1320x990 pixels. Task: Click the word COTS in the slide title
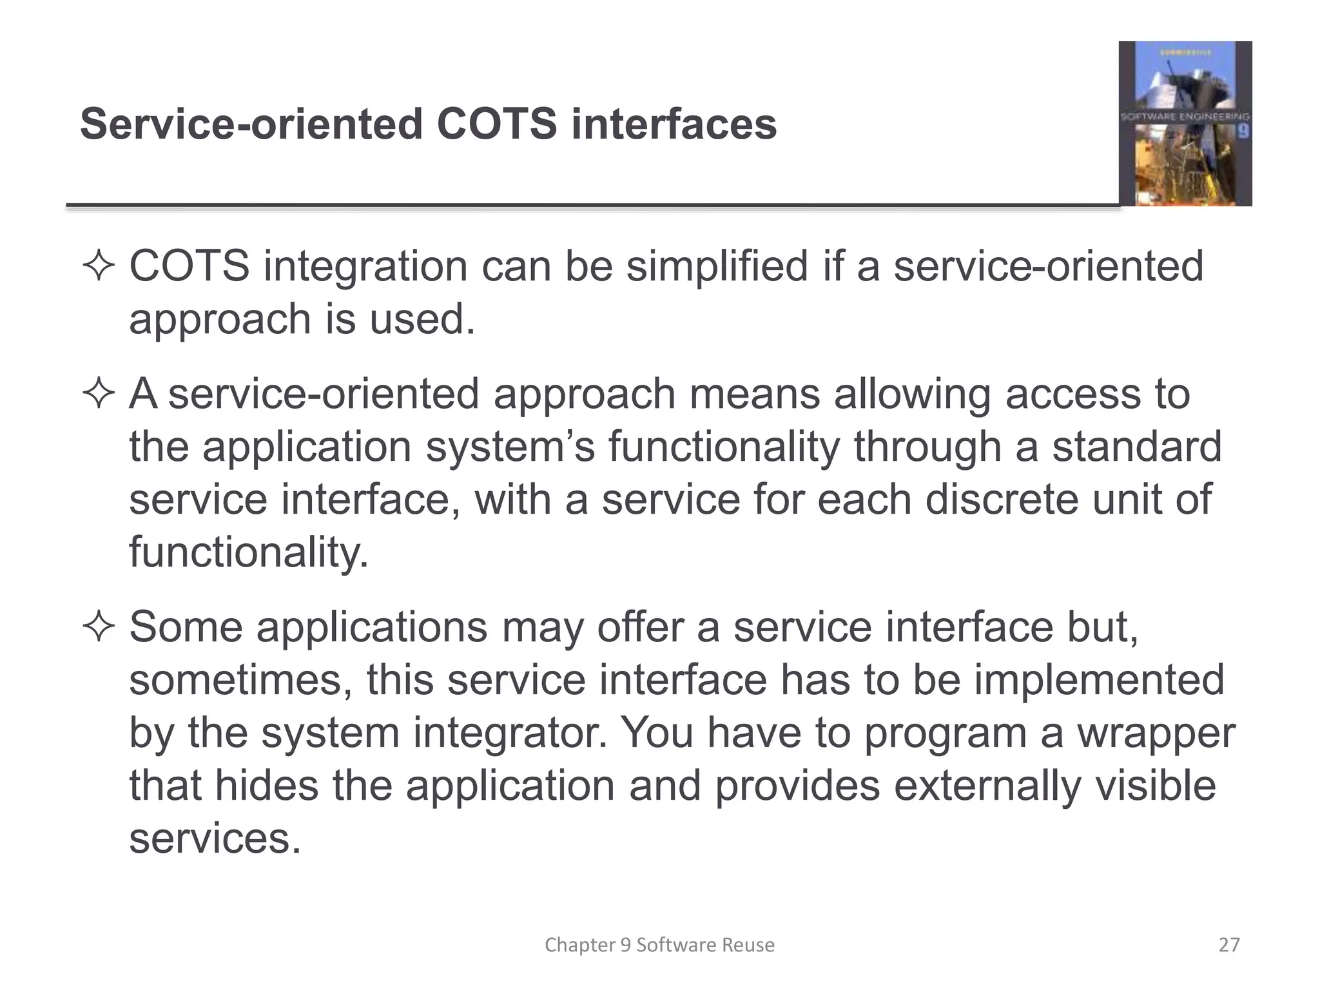pos(496,124)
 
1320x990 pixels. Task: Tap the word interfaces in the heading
pos(674,124)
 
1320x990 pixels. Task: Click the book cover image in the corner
pos(1185,124)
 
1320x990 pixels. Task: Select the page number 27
pos(1229,945)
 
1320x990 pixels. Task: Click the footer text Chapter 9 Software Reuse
pos(659,945)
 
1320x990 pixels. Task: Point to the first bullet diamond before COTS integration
pos(99,267)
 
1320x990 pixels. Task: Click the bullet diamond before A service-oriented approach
pos(99,394)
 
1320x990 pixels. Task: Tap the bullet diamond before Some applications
pos(99,627)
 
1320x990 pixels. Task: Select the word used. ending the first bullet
pos(422,319)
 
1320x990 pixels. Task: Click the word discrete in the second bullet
pos(1001,500)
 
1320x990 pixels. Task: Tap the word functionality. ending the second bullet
pos(249,552)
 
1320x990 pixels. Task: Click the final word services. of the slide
pos(215,839)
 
